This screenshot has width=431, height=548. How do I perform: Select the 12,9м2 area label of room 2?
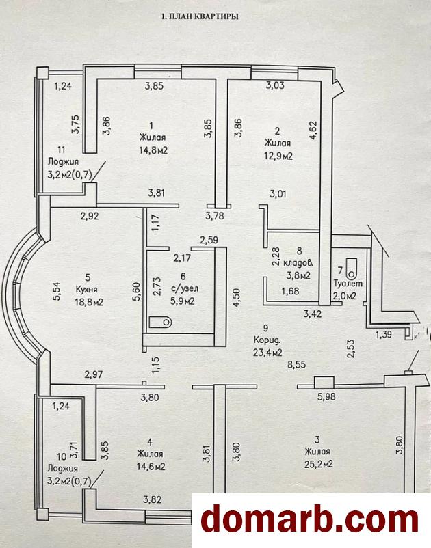(279, 156)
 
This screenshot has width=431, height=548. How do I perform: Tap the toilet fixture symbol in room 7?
(352, 265)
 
